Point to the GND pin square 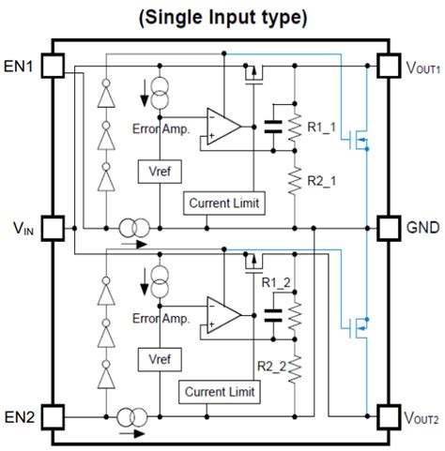[x=387, y=227]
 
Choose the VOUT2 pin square [x=387, y=413]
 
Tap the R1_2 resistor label [x=276, y=281]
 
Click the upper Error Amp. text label [x=161, y=129]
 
